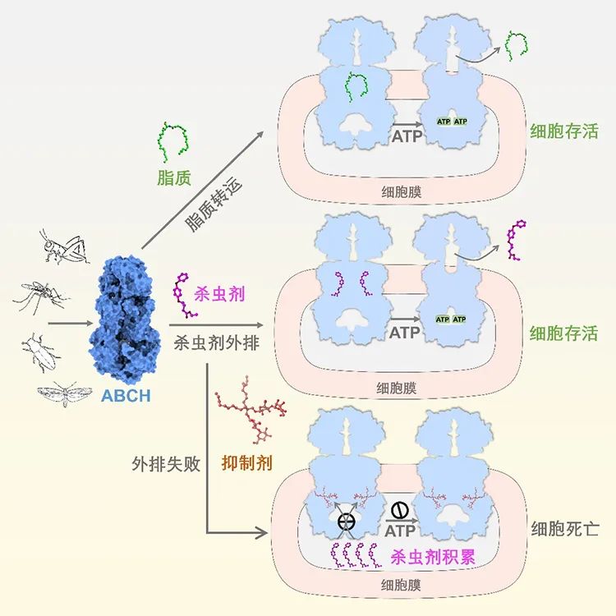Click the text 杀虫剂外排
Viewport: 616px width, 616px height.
[217, 344]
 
